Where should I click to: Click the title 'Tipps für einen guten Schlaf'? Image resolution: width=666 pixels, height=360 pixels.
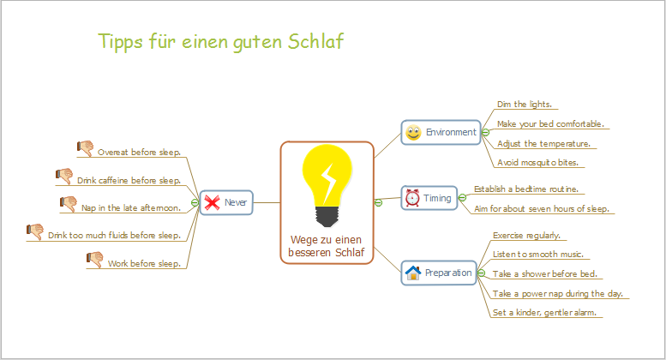point(221,41)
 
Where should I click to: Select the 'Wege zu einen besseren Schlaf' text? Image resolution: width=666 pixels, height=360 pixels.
point(327,246)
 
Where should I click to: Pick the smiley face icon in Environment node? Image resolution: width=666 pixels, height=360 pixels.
point(413,133)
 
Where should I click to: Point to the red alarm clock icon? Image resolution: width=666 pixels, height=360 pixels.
point(412,198)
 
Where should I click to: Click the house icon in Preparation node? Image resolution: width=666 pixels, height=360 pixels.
point(412,273)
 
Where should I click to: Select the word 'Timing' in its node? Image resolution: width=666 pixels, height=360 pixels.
point(437,198)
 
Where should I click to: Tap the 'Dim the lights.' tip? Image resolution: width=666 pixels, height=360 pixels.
point(524,105)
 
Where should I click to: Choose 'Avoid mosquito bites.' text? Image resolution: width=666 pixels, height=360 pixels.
point(537,162)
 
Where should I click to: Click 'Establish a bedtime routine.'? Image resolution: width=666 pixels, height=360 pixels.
point(526,189)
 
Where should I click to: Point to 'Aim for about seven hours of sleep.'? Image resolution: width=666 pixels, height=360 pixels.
point(541,208)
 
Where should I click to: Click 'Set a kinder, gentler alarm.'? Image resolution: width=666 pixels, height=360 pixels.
point(544,313)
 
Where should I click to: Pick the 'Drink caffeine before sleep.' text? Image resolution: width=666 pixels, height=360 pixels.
point(129,181)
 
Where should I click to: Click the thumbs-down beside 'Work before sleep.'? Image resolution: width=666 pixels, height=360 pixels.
point(95,258)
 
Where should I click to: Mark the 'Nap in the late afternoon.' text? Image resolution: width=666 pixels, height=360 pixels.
point(130,207)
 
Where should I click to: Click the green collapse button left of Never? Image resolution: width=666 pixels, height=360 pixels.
point(195,203)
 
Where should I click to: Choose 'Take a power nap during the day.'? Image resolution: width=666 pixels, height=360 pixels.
point(557,293)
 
